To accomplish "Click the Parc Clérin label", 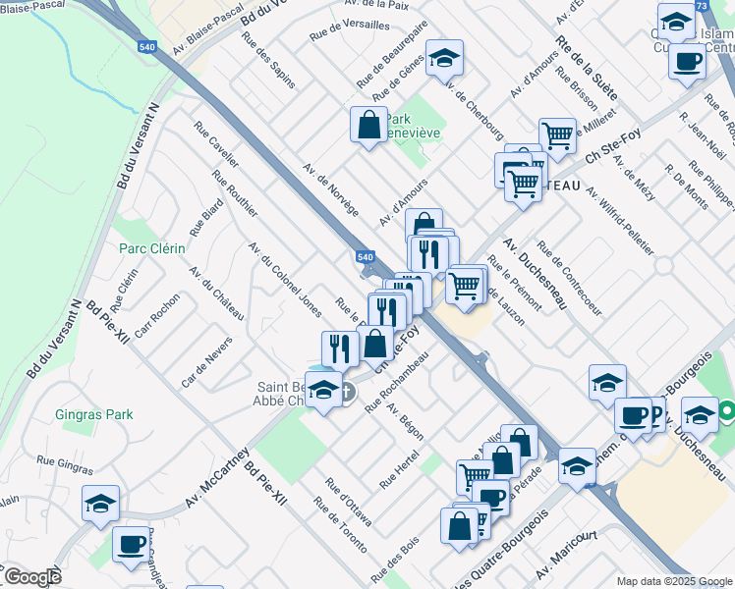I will pos(151,248).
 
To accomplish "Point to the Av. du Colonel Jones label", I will pos(284,280).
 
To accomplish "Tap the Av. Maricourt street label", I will pos(567,554).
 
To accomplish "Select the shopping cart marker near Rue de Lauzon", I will pos(463,286).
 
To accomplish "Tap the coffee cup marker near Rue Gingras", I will pos(130,543).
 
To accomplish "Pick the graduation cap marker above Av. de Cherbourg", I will pos(444,58).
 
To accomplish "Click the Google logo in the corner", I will pos(31,576).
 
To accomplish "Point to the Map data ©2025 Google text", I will pos(674,581).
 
